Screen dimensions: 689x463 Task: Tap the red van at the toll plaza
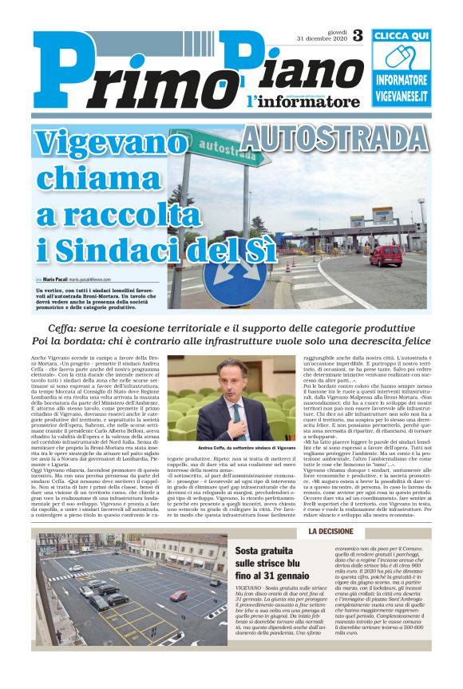(x=385, y=255)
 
